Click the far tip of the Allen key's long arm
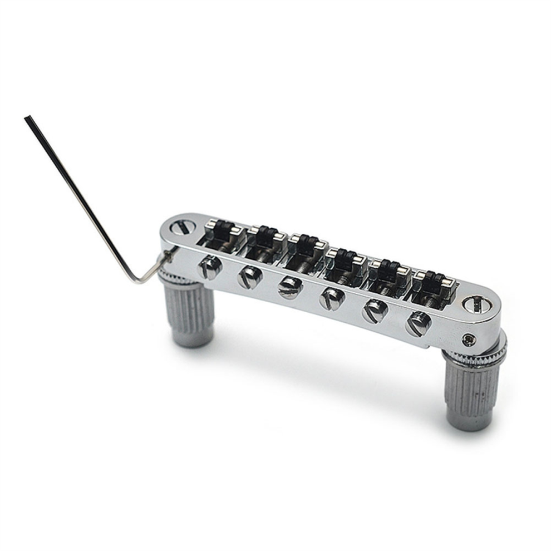27,118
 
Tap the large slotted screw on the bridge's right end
473,304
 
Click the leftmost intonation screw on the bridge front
210,268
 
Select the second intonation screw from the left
249,277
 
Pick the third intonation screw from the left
290,287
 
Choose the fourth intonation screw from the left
332,299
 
